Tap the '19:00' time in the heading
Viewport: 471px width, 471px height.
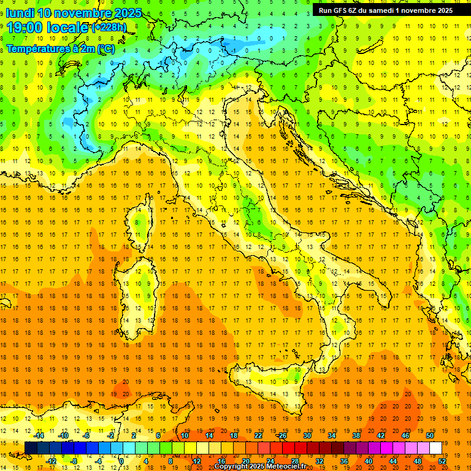23,28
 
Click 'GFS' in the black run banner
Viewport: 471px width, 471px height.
339,10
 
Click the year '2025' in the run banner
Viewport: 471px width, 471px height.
442,10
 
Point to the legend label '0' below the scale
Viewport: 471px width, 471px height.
122,461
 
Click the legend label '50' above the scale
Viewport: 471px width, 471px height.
429,435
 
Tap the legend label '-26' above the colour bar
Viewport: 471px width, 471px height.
281,435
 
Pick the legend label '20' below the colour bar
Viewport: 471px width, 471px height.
245,461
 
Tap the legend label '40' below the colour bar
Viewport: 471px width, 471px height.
369,461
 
